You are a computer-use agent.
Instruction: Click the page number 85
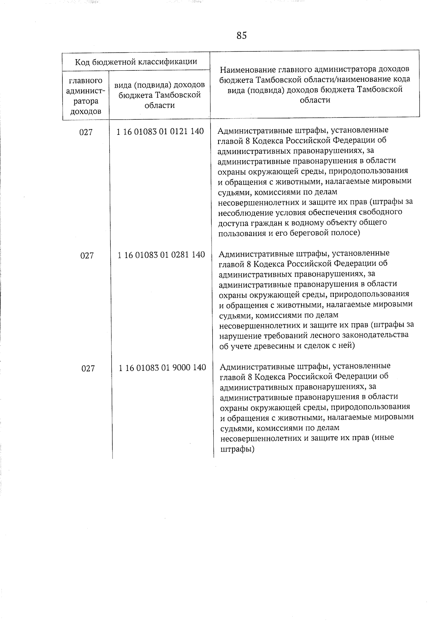[242, 36]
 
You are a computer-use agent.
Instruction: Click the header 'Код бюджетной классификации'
[136, 62]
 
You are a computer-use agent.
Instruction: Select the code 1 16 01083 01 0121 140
[160, 131]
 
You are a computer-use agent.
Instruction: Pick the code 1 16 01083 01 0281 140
[161, 254]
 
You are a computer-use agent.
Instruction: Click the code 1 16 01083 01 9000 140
[162, 367]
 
